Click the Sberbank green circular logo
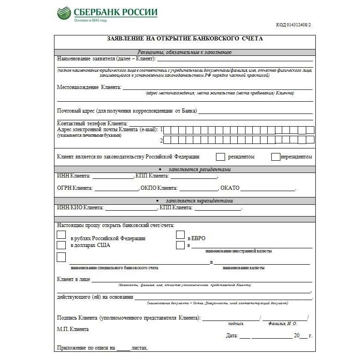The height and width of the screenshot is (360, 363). coord(64,13)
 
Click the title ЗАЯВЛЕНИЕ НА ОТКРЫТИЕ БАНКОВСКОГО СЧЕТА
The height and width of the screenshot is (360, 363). coord(185,39)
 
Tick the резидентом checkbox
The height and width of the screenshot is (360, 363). coord(221,157)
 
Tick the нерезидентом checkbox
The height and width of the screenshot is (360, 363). coord(275,157)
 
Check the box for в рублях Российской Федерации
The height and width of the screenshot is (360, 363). coord(61,235)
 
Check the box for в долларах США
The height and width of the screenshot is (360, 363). coord(61,245)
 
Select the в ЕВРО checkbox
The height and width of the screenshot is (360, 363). coord(180,235)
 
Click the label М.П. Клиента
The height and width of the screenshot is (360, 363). coord(73,329)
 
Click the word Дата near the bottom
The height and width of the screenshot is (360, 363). coord(231,336)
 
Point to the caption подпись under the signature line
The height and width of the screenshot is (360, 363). coord(235,324)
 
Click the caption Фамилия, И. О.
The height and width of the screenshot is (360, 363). coord(283,324)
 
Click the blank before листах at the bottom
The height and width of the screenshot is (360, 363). coord(123,349)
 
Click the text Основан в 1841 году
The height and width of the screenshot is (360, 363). coord(90,20)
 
